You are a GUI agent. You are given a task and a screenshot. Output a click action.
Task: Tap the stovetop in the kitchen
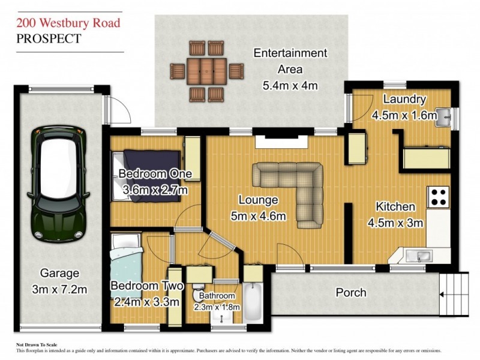(x=439, y=197)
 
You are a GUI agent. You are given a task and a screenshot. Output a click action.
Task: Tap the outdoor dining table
(x=206, y=71)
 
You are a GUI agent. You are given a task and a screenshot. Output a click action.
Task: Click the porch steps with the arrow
(x=454, y=294)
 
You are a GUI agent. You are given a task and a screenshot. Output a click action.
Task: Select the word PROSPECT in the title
(x=48, y=39)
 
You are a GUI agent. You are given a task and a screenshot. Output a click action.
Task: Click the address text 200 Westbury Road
(x=68, y=23)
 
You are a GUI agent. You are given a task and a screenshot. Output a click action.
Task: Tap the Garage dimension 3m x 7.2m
(x=59, y=290)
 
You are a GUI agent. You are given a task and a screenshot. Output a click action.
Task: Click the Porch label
(x=351, y=292)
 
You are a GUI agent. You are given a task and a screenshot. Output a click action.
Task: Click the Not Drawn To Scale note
(x=36, y=345)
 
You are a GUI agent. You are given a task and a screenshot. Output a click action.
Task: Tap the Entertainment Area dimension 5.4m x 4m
(x=290, y=85)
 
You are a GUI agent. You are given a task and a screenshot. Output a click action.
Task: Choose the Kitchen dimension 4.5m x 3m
(x=395, y=223)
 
